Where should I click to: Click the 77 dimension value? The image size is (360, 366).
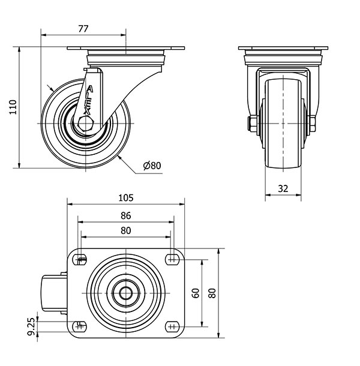tap(83, 29)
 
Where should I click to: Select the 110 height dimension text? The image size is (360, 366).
tap(13, 107)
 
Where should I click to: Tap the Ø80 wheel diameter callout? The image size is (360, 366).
tap(152, 166)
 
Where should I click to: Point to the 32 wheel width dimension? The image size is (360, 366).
tap(283, 188)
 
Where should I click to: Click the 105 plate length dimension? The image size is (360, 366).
tap(126, 198)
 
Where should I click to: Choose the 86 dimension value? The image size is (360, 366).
tap(126, 215)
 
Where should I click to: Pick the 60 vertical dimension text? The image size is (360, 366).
tap(196, 293)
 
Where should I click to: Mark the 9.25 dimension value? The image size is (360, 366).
tap(31, 326)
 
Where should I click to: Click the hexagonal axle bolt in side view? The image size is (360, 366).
tap(86, 123)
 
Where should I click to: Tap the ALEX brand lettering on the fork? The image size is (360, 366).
tap(88, 100)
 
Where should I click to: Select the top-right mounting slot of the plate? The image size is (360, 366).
tap(173, 259)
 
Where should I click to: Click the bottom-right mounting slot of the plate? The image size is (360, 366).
tap(173, 326)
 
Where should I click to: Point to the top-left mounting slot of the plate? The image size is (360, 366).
tap(80, 259)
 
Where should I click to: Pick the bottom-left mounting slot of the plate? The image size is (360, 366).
tap(80, 326)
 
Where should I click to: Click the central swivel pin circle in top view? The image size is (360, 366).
tap(126, 293)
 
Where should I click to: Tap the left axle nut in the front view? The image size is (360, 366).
tap(253, 124)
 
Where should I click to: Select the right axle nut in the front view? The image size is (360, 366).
tap(313, 124)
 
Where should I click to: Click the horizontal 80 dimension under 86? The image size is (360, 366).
tap(126, 230)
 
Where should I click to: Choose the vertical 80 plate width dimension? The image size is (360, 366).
tap(212, 293)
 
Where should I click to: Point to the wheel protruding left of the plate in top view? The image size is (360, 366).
tap(55, 293)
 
